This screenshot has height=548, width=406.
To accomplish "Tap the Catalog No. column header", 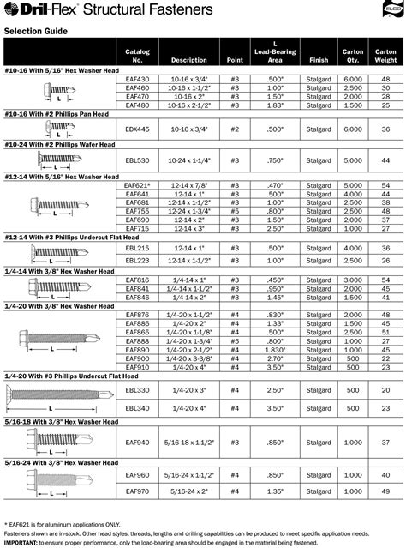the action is point(138,56).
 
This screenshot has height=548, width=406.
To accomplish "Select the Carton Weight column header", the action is point(385,56).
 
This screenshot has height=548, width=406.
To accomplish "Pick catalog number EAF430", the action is point(138,78).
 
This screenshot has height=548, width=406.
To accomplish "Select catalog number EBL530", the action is point(138,160).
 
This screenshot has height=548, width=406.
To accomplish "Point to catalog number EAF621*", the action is point(138,184).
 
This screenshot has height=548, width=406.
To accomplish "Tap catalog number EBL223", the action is point(138,260).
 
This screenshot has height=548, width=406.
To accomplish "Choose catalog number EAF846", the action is point(138,297).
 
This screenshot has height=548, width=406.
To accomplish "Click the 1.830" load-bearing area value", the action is point(274,349).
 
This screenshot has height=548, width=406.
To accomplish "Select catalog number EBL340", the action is point(138,408).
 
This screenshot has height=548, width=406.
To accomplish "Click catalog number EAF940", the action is point(138,441).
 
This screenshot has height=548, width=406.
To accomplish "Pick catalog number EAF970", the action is point(138,491).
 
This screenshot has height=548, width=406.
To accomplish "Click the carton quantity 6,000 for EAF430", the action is point(352,78).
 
